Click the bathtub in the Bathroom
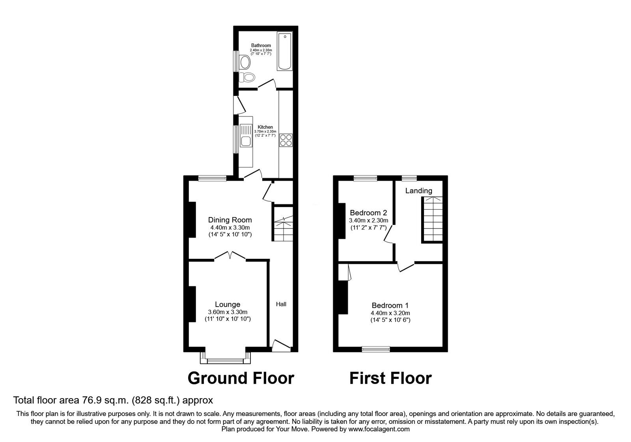tap(285, 52)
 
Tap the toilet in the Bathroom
tap(248, 77)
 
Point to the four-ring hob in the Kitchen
tap(286, 140)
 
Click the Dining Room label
tap(230, 220)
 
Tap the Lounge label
tap(228, 304)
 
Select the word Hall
tap(281, 304)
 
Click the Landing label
tap(419, 191)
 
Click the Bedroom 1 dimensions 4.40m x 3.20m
tap(390, 313)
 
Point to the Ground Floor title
tap(241, 378)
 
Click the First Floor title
tap(390, 378)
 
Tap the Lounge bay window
tap(226, 360)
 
